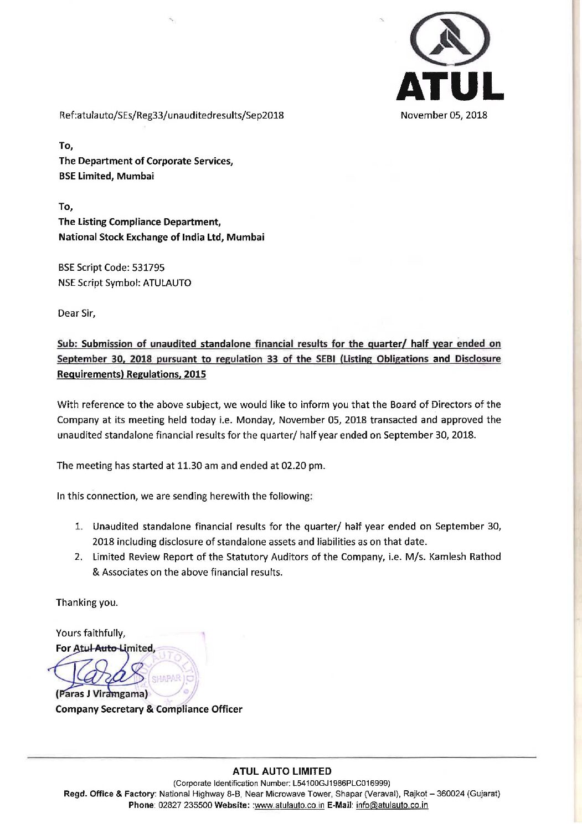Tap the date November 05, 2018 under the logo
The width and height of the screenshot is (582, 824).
click(444, 115)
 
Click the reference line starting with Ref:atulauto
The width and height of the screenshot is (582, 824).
click(172, 115)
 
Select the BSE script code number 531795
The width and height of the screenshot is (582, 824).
click(148, 267)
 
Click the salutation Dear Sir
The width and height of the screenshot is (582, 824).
click(76, 313)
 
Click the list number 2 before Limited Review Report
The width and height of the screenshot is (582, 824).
click(79, 557)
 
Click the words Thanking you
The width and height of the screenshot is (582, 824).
click(87, 602)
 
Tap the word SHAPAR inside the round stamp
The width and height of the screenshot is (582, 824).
click(166, 678)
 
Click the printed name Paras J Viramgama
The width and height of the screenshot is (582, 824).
click(102, 694)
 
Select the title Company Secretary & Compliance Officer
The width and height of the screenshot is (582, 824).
click(149, 709)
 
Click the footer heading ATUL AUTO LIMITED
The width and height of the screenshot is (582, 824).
click(282, 771)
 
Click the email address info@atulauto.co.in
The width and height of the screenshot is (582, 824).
click(392, 805)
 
